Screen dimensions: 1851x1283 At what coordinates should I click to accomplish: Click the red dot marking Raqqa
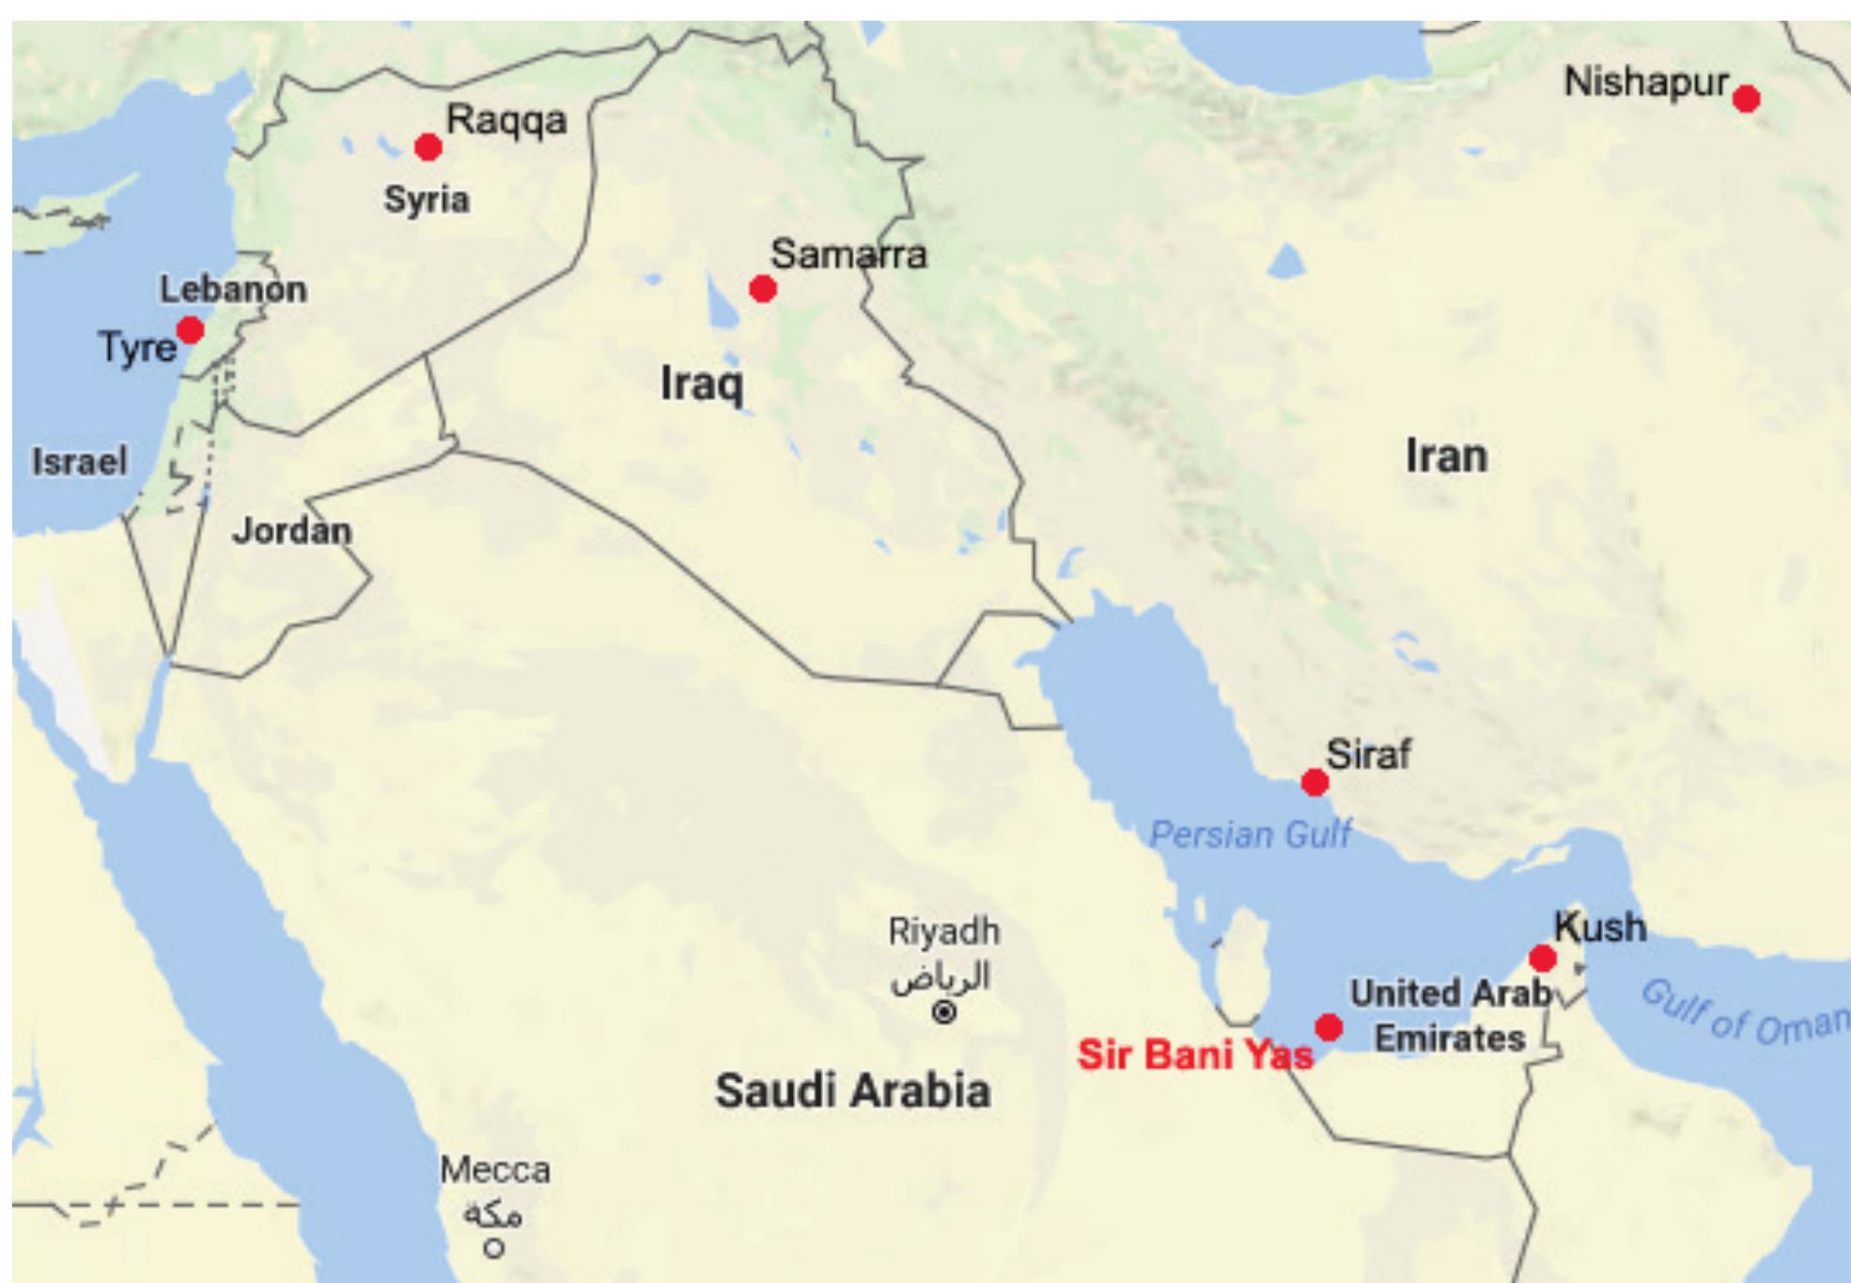[428, 148]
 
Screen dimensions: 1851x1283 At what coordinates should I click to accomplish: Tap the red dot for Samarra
[763, 289]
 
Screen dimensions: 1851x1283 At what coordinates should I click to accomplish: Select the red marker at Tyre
[191, 330]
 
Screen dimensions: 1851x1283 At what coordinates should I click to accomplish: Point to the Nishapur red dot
[1746, 99]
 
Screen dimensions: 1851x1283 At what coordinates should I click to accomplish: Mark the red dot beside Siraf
[1314, 781]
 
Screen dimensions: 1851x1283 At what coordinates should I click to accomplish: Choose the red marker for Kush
[1542, 958]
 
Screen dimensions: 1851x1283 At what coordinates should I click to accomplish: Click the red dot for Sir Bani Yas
[1329, 1027]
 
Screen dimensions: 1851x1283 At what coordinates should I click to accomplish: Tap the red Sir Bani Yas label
[1194, 1055]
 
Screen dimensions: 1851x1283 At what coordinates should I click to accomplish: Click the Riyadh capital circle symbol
[944, 1012]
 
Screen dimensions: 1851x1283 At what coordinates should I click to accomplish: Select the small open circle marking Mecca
[494, 1249]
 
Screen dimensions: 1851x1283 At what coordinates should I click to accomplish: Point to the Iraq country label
[702, 383]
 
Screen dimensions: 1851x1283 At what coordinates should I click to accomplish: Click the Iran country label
[1446, 456]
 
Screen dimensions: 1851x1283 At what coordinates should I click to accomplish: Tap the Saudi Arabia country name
[852, 1091]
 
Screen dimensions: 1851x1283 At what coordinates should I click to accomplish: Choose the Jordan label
[291, 531]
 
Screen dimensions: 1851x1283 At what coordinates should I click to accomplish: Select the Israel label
[80, 462]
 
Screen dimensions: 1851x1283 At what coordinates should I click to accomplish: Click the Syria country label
[427, 199]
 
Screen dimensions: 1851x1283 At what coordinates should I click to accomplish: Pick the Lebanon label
[233, 289]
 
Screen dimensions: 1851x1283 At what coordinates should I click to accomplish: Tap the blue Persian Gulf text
[1251, 834]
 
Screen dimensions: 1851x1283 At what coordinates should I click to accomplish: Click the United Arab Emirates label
[1450, 1016]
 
